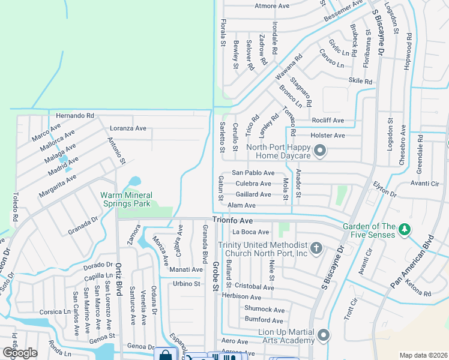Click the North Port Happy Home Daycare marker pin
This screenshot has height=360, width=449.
coord(320,151)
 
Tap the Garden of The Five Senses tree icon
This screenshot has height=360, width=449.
coord(405,229)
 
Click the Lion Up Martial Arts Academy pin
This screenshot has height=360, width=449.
coord(324,334)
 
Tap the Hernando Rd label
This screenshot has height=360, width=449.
coord(75,115)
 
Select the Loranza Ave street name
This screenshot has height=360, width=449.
coord(128,128)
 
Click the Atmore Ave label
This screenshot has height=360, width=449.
coord(273,7)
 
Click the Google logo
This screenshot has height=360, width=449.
coord(20,353)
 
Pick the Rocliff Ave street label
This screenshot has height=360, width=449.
coord(328,121)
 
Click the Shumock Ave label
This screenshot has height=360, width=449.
coord(264,310)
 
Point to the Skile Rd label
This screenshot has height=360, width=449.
coord(360,81)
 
